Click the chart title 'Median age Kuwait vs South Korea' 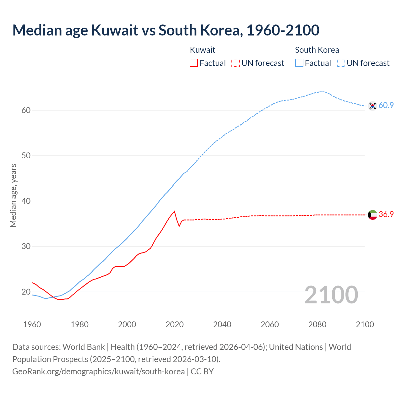point(166,30)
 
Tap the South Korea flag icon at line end point(372,106)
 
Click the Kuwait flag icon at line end point(372,215)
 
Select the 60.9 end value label point(386,106)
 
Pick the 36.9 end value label point(386,215)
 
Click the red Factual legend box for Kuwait point(194,63)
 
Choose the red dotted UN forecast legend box point(236,63)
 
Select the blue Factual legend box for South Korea point(299,63)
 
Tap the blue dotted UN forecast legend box point(341,63)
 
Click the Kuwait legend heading point(203,50)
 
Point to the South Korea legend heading point(317,50)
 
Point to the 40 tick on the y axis point(26,201)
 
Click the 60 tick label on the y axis point(26,110)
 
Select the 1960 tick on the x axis point(32,324)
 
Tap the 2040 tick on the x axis point(222,324)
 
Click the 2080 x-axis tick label point(317,324)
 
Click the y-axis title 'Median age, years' point(13,195)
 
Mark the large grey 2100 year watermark point(331,295)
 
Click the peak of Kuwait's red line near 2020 point(174,211)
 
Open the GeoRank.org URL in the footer point(98,372)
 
